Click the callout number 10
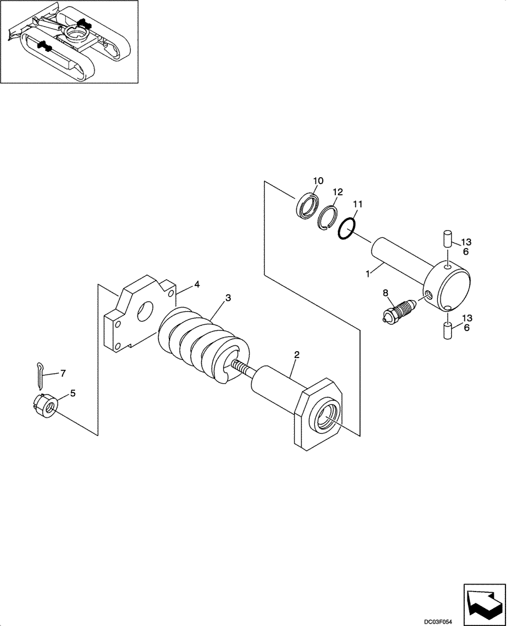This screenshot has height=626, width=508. point(317,181)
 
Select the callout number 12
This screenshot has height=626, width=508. point(337,192)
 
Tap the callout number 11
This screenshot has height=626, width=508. point(357,204)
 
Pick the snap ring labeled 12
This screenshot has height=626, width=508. point(327,218)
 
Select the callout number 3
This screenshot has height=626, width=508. point(228,298)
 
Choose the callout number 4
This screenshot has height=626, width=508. point(196,284)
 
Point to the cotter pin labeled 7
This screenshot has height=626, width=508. point(39,374)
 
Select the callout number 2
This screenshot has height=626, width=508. point(297,355)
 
